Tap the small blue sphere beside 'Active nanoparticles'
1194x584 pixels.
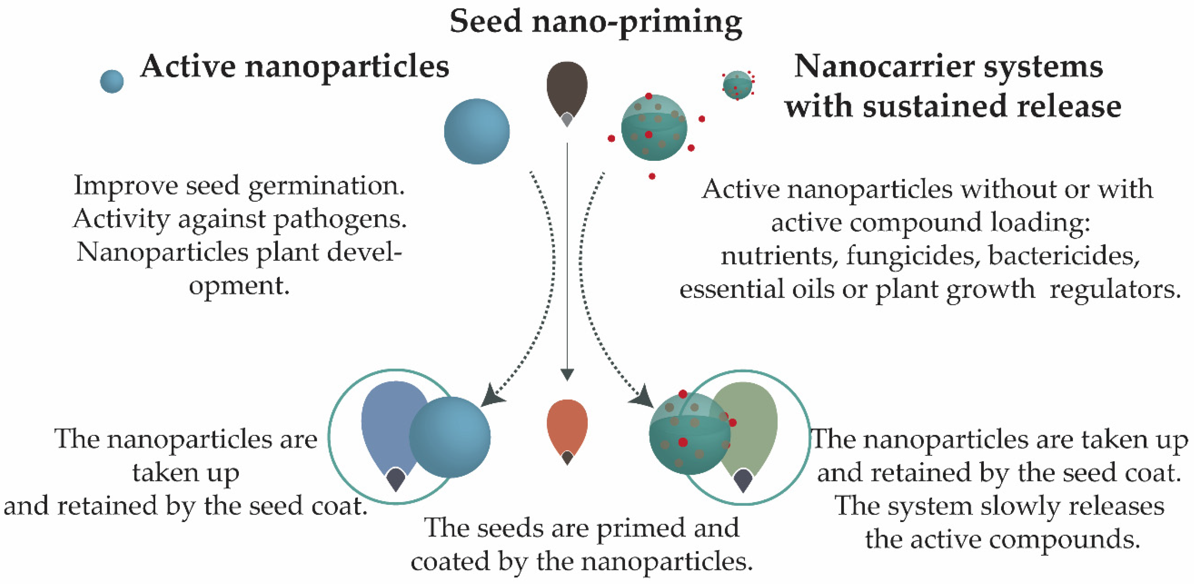pyautogui.click(x=112, y=82)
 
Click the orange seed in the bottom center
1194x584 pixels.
pyautogui.click(x=567, y=427)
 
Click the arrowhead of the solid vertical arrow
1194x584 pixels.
pyautogui.click(x=567, y=374)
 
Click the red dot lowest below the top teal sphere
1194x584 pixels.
pyautogui.click(x=652, y=176)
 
